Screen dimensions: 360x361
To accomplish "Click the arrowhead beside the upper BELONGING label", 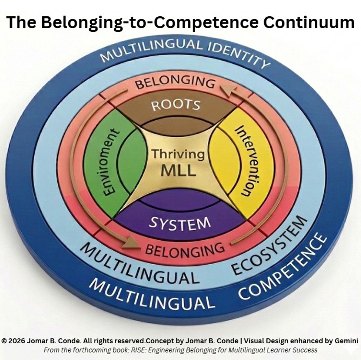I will (226, 89).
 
